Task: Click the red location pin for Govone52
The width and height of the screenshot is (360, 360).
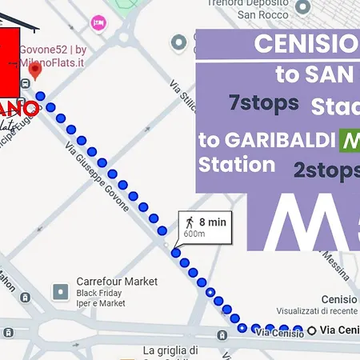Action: coord(35,71)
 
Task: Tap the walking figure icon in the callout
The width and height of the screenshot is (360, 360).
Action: coord(190,222)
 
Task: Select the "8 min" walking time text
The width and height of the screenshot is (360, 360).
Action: coord(212,222)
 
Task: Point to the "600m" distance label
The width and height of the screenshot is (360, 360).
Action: coord(194,234)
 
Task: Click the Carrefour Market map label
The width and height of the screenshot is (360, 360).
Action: coord(116,282)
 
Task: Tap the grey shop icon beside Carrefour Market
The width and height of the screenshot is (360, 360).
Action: coord(60,292)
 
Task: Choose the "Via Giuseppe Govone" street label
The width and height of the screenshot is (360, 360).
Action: coord(98,176)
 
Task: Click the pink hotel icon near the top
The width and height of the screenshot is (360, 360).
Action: coord(98,23)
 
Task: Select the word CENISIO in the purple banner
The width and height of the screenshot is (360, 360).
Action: coord(305,44)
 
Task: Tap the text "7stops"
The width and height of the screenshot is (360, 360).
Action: coord(264,103)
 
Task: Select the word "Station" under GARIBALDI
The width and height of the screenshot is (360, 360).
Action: coord(237,166)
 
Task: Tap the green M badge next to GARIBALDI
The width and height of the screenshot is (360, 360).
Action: coord(350,140)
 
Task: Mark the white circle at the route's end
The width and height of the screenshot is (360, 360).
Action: coord(310,330)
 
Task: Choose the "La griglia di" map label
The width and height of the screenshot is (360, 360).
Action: coord(171,350)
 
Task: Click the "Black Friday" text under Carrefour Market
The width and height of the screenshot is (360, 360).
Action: coord(101,293)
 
